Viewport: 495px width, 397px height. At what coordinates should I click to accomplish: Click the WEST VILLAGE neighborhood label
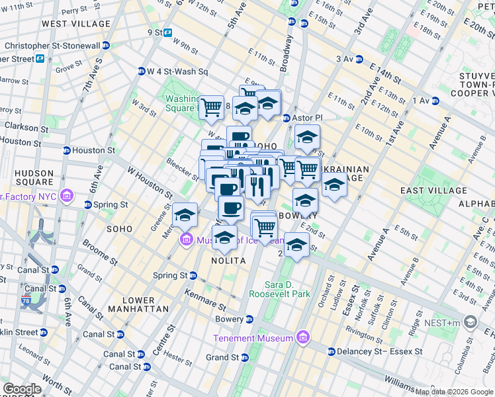[x=76, y=24]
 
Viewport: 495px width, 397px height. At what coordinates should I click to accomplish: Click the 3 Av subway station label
[x=345, y=59]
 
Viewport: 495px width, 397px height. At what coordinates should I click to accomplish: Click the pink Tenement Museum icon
[x=303, y=338]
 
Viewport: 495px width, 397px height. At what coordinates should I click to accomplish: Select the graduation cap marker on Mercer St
[x=185, y=215]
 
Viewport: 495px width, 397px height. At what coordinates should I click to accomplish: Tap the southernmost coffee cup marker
[x=230, y=209]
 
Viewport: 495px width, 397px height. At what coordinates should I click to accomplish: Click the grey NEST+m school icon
[x=471, y=322]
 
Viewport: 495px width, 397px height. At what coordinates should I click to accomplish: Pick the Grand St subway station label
[x=222, y=357]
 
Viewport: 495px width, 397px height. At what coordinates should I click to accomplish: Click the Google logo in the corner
[x=22, y=389]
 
